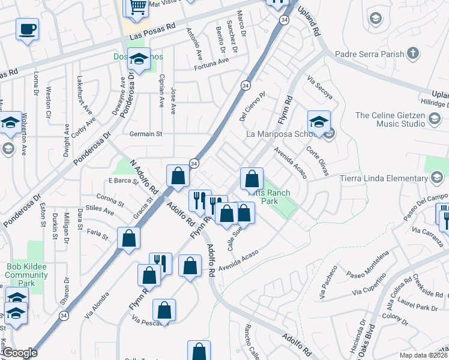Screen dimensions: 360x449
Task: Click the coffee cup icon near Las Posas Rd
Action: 28,29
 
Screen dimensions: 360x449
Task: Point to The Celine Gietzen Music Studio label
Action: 389,119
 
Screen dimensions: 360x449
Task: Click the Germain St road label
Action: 148,134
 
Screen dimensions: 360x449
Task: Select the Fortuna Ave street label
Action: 211,61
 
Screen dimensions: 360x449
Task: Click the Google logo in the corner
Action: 20,353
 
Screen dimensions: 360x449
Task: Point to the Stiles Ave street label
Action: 100,210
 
